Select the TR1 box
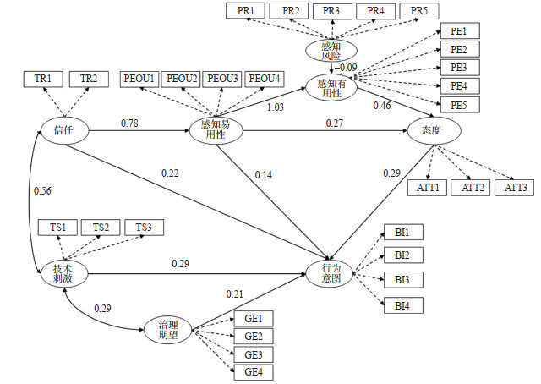pos(42,79)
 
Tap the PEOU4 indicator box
pos(264,79)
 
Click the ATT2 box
pos(470,186)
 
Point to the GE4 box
pos(254,371)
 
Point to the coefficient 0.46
pos(383,106)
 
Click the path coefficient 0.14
pos(264,175)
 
